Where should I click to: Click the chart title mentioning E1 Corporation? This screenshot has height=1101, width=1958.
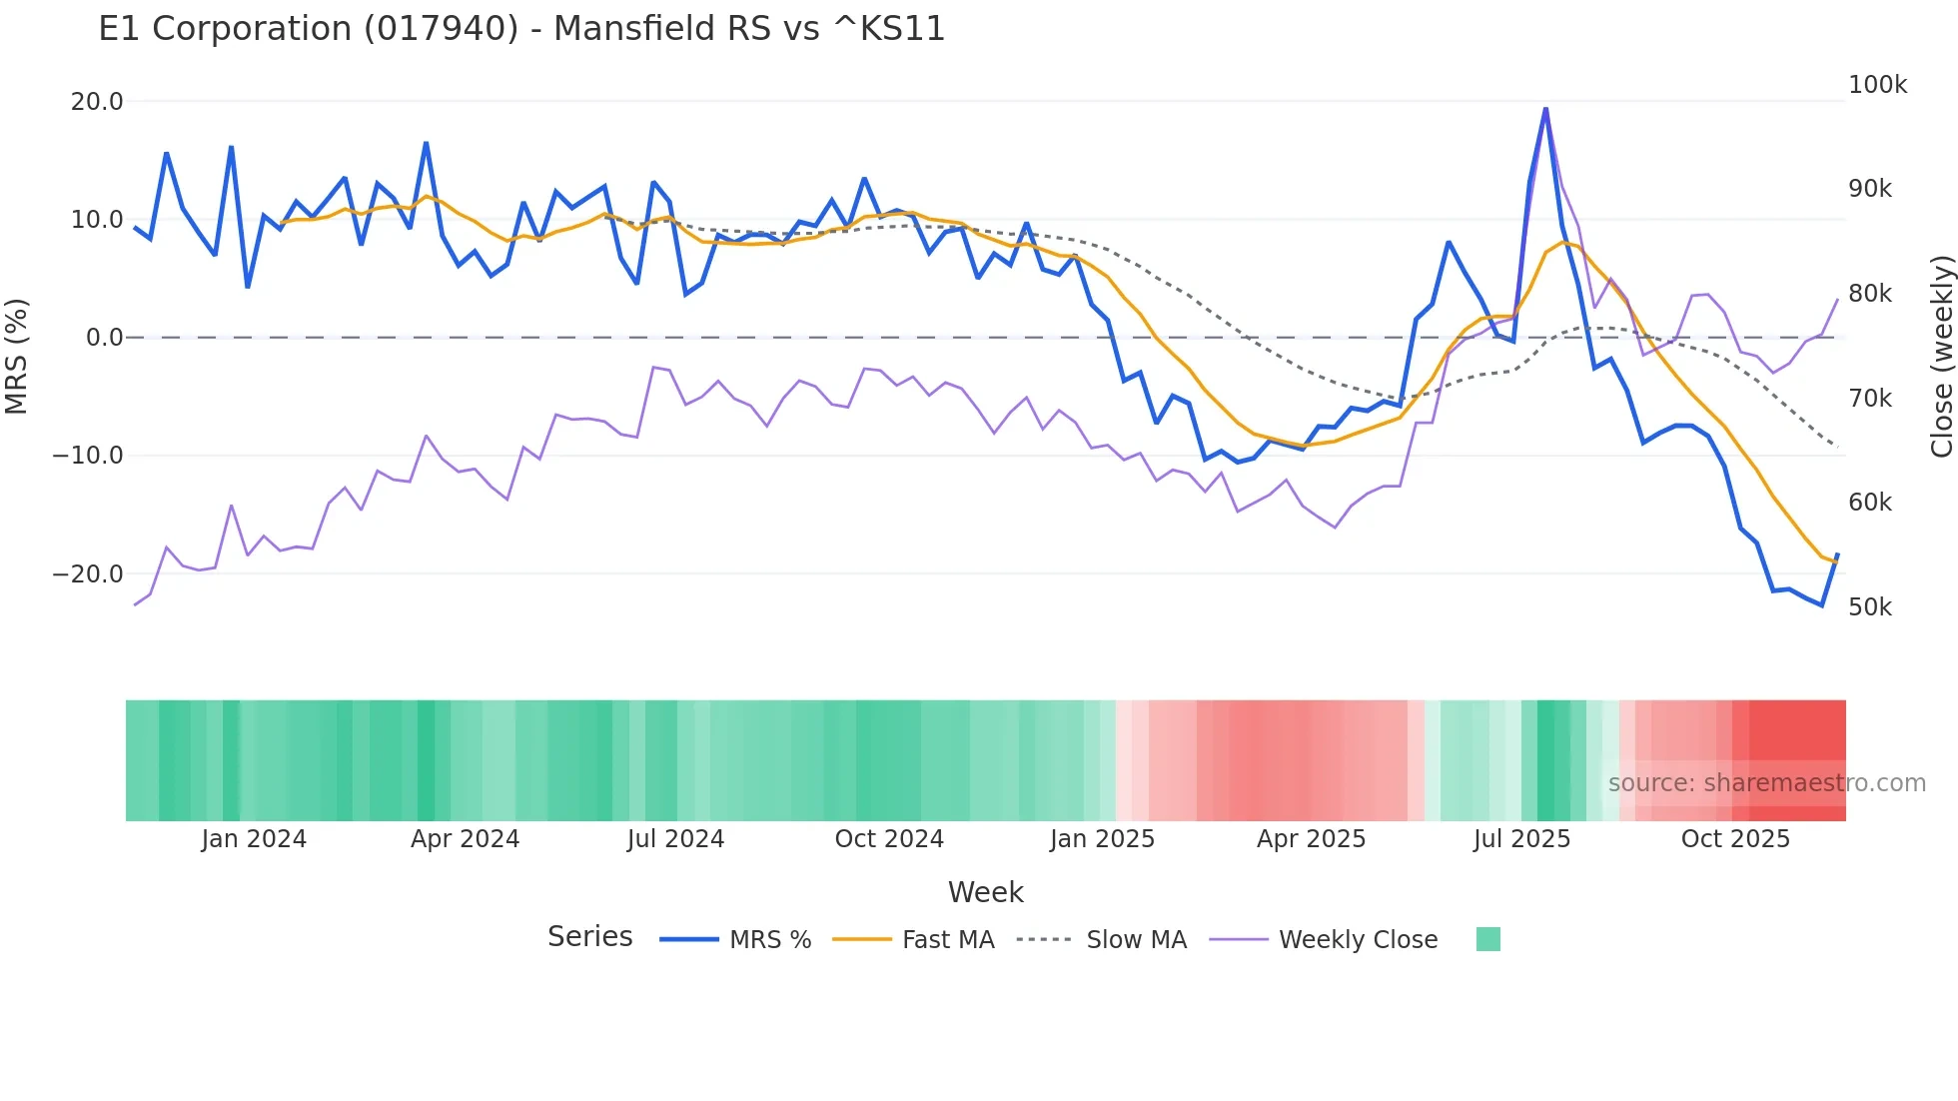pos(521,29)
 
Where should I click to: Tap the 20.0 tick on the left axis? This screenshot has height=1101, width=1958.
pos(97,102)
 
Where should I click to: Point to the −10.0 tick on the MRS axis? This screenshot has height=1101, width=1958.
pos(88,456)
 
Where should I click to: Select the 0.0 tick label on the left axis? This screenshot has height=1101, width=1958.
pos(105,338)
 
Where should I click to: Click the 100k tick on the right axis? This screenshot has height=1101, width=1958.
pos(1877,85)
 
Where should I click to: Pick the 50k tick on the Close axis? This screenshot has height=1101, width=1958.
pos(1869,607)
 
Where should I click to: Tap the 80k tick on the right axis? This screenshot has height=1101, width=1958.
pos(1869,294)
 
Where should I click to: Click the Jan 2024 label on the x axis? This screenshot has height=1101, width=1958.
pos(254,839)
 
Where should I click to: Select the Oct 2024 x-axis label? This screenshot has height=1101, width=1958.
pos(889,839)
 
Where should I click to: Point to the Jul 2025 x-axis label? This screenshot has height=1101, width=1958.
pos(1521,839)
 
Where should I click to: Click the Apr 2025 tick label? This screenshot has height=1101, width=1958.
pos(1311,839)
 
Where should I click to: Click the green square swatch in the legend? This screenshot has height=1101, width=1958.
pos(1487,939)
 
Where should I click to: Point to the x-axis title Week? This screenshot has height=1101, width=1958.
pos(985,892)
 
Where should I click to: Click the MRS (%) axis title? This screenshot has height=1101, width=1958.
pos(17,356)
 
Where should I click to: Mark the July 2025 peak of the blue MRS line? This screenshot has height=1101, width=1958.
pos(1545,108)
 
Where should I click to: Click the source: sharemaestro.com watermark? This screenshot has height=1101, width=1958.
pos(1766,783)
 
